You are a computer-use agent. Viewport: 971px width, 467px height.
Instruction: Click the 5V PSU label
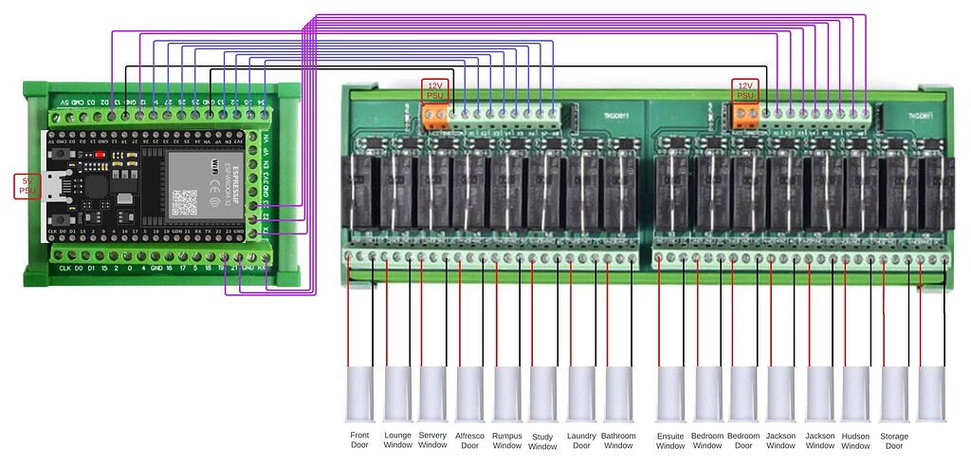[x=26, y=186]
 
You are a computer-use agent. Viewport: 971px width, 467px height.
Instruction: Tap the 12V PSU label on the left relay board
[x=435, y=90]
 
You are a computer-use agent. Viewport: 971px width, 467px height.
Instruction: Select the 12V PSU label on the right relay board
[x=745, y=90]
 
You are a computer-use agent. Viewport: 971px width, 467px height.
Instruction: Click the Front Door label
[x=359, y=439]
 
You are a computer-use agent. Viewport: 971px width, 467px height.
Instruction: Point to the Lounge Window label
[x=396, y=439]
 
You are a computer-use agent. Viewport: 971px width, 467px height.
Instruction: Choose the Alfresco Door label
[x=469, y=439]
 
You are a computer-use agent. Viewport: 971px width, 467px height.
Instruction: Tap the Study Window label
[x=542, y=441]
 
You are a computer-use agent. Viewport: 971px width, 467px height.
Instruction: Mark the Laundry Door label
[x=581, y=439]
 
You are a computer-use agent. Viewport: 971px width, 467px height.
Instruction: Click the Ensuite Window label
[x=670, y=439]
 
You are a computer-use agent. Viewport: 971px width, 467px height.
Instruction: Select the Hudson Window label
[x=855, y=439]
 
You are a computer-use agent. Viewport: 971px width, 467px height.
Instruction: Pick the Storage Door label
[x=892, y=439]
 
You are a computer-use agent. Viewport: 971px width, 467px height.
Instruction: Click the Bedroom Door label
[x=744, y=439]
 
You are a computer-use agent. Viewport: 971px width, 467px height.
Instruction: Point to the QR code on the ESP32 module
[x=186, y=200]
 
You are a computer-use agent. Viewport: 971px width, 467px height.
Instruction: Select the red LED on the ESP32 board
[x=101, y=153]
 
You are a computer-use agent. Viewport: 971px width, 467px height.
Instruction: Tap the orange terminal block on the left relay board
[x=435, y=115]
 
